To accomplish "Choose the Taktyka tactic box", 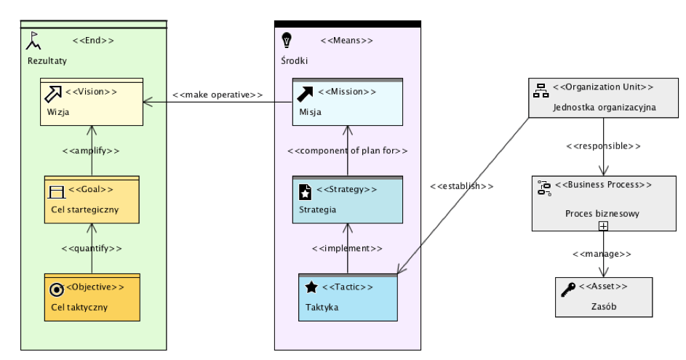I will [x=348, y=297].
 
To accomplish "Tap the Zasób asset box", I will [x=603, y=297].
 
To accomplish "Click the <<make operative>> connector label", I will [x=218, y=95].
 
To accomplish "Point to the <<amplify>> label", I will [x=91, y=151].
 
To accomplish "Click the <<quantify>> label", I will [x=91, y=248].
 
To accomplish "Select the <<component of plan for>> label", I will [x=347, y=151].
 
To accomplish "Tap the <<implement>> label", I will [x=347, y=248].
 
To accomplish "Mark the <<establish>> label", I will [x=461, y=186].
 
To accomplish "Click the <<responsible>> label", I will [x=603, y=145].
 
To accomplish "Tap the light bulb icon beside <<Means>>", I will [x=287, y=39].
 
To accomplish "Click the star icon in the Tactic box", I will [x=311, y=287].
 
